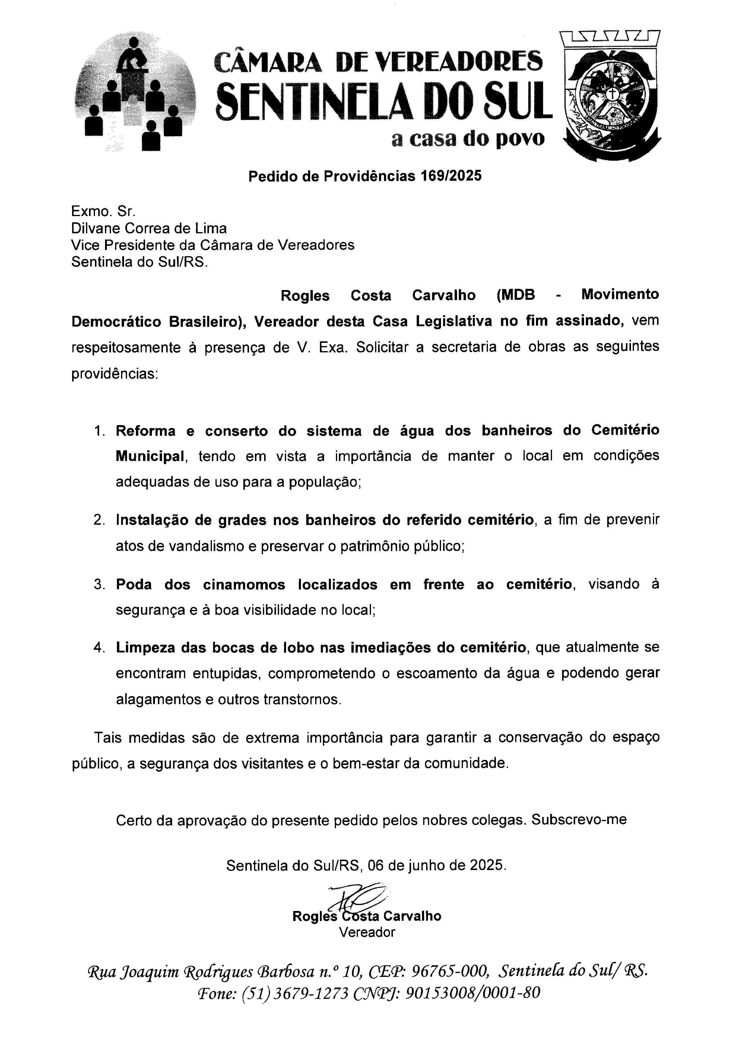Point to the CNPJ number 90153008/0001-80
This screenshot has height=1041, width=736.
[x=472, y=993]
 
